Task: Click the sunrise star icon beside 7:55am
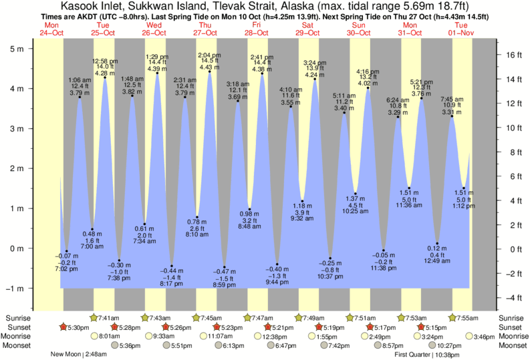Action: (x=453, y=317)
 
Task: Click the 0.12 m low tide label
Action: (x=436, y=248)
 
